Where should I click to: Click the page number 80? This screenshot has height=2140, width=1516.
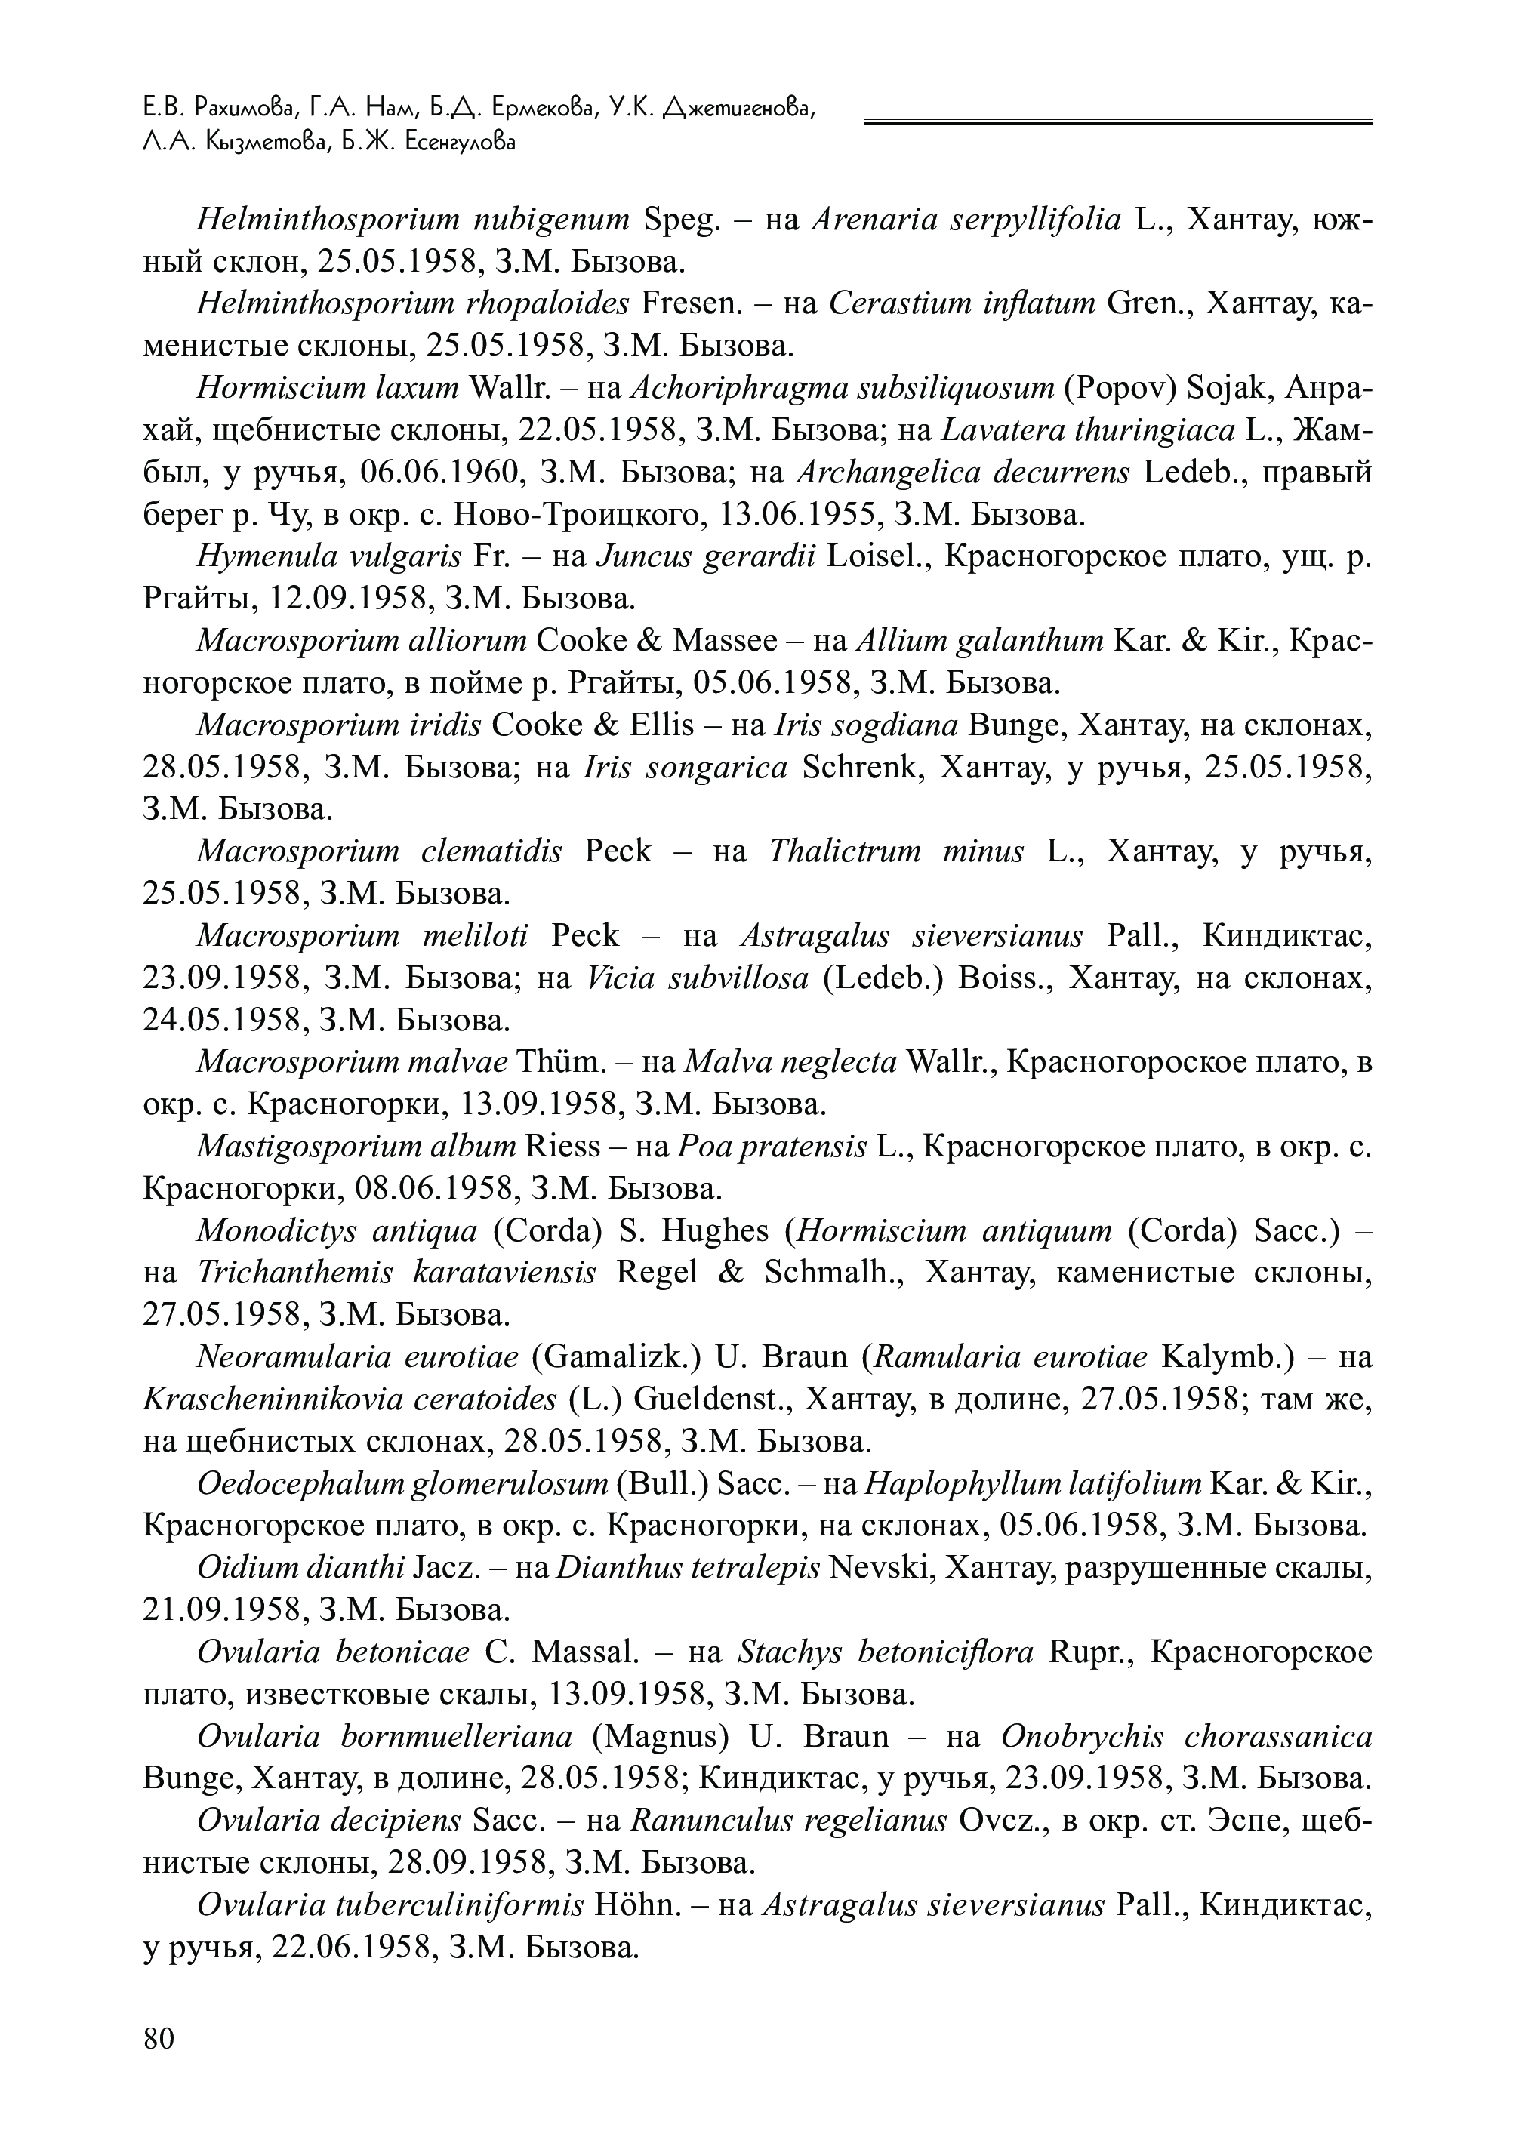(159, 2038)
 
